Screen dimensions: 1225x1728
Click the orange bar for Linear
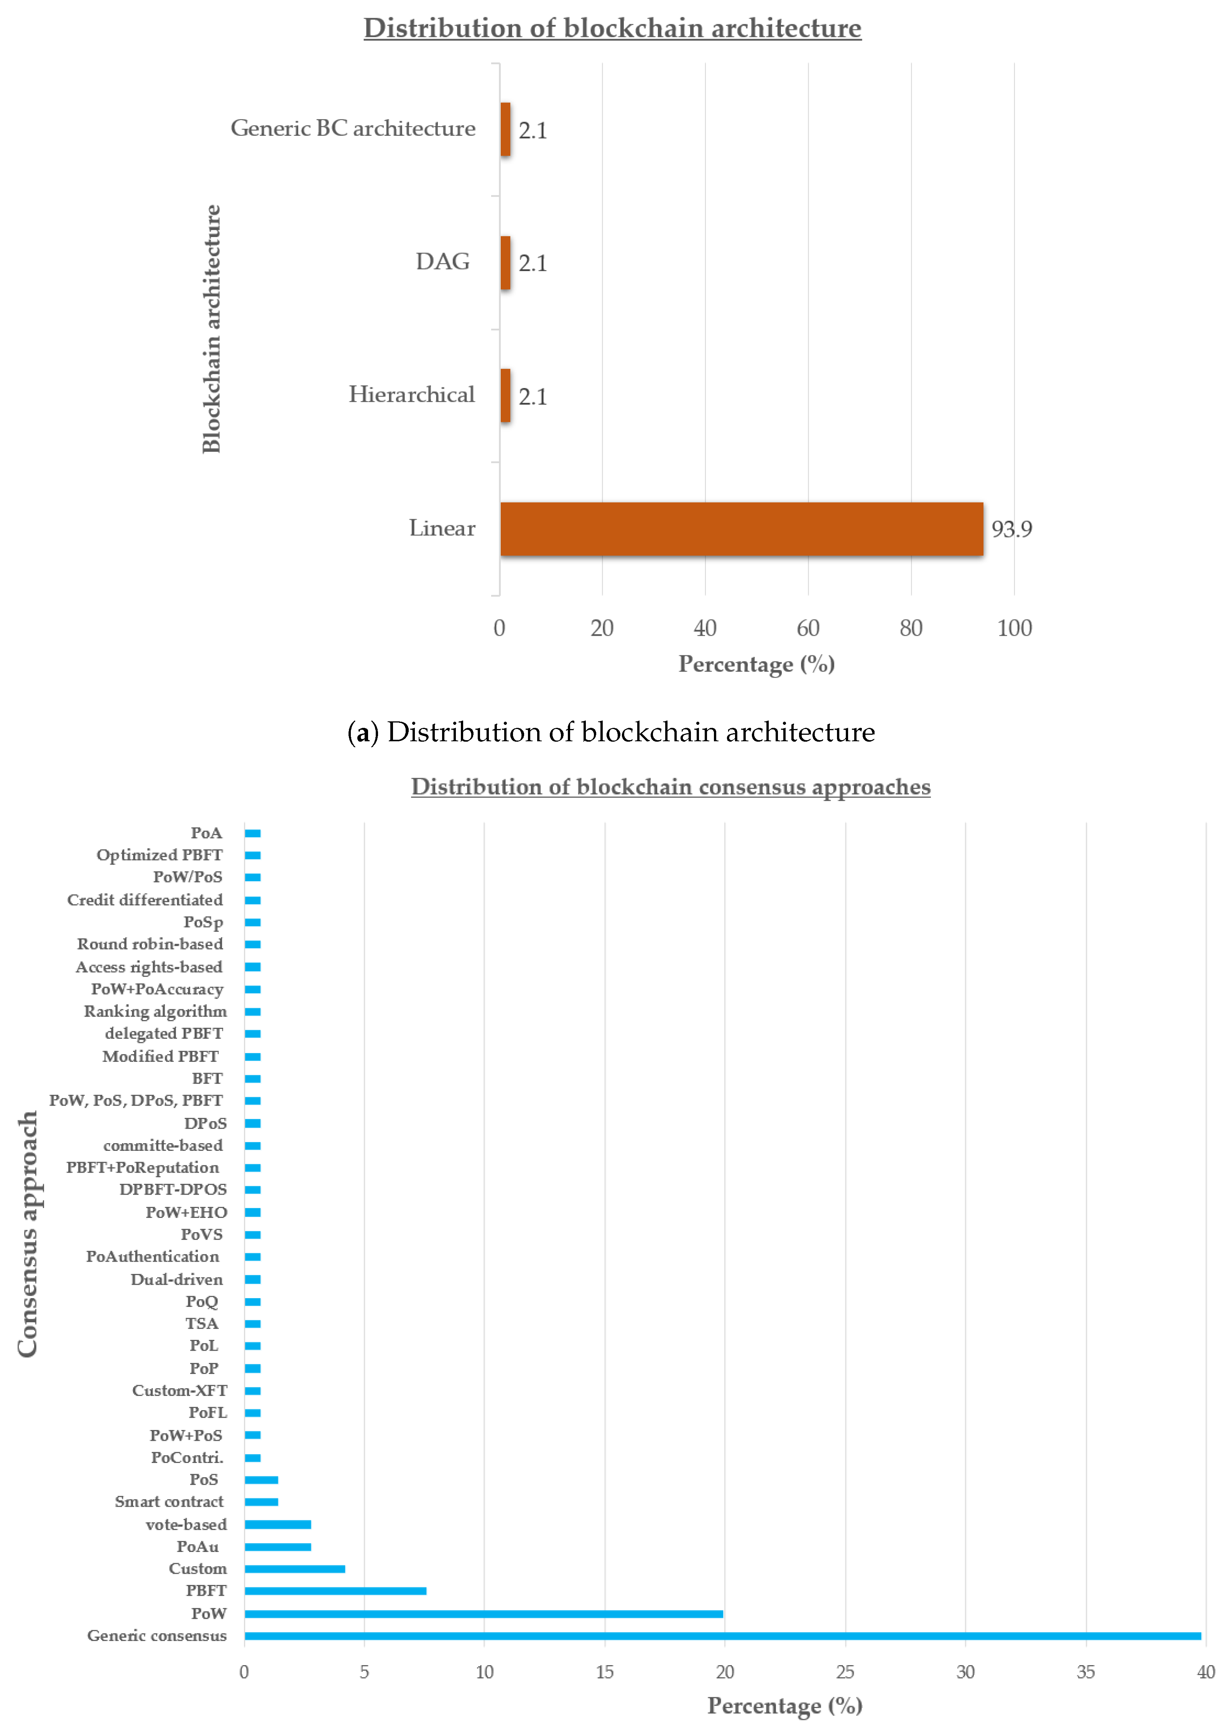(742, 529)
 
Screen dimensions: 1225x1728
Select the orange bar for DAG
(505, 263)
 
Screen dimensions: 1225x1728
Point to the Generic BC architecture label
(353, 128)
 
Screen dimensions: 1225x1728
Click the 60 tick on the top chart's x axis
(808, 628)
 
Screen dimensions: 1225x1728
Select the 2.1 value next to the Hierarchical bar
(533, 397)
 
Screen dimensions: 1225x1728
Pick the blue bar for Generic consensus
(723, 1636)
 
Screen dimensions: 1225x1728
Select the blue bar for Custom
(294, 1569)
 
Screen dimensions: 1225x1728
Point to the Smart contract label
(169, 1502)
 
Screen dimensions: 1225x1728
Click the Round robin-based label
(150, 944)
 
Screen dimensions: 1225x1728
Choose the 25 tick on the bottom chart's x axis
(845, 1672)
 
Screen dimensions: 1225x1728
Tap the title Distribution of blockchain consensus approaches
(671, 787)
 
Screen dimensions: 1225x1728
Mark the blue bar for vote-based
(278, 1524)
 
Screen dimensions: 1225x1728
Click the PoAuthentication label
(152, 1257)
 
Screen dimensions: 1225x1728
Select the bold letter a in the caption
(363, 733)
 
